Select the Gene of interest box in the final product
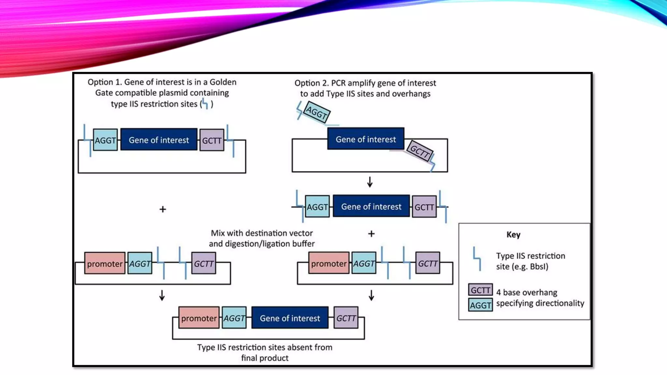click(x=290, y=318)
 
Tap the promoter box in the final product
click(x=199, y=318)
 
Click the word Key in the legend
click(x=513, y=235)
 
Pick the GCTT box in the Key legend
click(x=480, y=290)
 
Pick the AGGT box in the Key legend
click(x=480, y=305)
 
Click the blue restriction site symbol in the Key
click(x=477, y=259)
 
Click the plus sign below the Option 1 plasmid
click(x=163, y=209)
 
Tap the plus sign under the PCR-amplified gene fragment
click(x=371, y=234)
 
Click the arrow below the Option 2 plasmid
click(x=370, y=182)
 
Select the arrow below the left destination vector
click(x=162, y=296)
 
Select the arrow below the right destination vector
click(x=371, y=296)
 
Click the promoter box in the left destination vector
click(x=105, y=263)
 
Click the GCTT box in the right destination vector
click(x=427, y=263)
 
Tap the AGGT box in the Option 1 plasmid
click(x=105, y=140)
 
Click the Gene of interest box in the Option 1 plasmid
click(x=159, y=140)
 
